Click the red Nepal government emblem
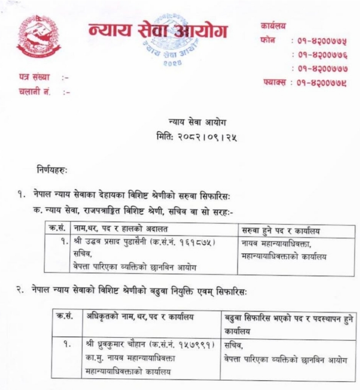[38, 37]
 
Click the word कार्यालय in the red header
[273, 26]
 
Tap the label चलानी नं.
[35, 92]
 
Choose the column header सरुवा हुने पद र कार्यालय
[281, 231]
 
